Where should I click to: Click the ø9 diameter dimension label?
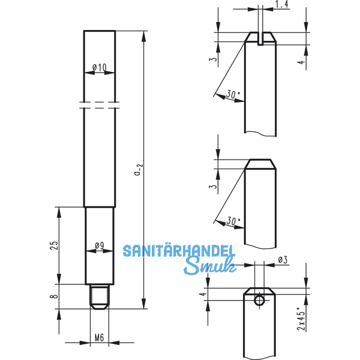pos(99,245)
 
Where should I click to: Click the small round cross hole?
pos(259,299)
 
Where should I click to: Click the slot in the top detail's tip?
pos(260,40)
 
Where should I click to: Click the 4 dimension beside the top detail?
pos(302,62)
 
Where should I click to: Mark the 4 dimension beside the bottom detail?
pos(203,294)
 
